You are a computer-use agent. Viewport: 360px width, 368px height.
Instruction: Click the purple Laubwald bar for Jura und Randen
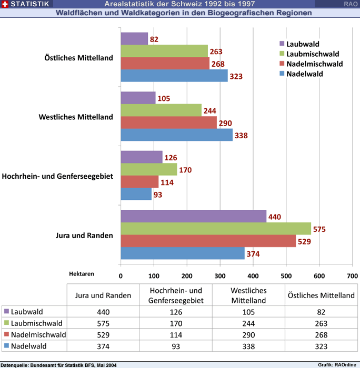pos(193,217)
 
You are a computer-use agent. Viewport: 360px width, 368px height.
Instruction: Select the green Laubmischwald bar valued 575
pos(216,229)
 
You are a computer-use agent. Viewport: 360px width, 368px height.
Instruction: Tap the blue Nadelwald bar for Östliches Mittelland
pos(174,76)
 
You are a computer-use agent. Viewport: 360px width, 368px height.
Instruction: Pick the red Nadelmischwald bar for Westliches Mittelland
pos(168,122)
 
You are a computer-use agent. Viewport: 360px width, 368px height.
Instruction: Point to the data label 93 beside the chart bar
pos(158,195)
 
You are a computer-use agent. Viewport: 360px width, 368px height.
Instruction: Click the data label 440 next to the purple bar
pos(275,217)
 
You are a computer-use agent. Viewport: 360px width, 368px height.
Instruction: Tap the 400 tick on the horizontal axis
pos(253,275)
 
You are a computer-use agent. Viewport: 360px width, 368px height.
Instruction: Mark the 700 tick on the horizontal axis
pos(352,275)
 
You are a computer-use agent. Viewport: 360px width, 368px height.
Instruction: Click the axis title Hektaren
pos(82,274)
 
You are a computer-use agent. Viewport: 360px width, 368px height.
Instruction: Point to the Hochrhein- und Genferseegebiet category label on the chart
pos(58,176)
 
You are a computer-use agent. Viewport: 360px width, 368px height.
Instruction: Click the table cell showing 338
pos(248,346)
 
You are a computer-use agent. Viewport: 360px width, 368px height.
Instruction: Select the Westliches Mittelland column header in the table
pos(248,295)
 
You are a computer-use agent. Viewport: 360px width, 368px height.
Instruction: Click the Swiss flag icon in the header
pos(5,4)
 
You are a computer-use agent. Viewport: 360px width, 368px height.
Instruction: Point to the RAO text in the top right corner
pos(351,4)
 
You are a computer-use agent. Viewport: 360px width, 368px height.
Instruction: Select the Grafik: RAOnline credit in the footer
pos(337,364)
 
